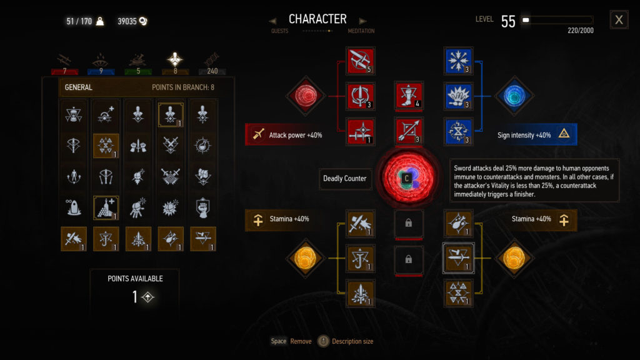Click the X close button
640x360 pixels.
tap(619, 19)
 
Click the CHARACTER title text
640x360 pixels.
tap(317, 19)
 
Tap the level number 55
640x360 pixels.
tap(508, 21)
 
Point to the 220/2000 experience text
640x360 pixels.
tap(581, 31)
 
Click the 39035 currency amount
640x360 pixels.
tap(127, 21)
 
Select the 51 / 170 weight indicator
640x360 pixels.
tap(79, 21)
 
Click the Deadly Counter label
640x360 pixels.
tap(345, 179)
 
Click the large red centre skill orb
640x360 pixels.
tap(407, 177)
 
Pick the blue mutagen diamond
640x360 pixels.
tap(514, 96)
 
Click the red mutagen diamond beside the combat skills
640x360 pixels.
tap(305, 96)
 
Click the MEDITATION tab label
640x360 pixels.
tap(361, 31)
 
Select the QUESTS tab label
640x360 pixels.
tap(279, 31)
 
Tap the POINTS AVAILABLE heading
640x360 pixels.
tap(135, 279)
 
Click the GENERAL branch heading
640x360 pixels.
tap(78, 87)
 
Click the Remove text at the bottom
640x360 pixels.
tap(301, 341)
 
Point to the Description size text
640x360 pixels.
tap(352, 341)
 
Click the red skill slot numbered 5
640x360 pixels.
tap(361, 61)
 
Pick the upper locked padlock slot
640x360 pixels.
tap(409, 223)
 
